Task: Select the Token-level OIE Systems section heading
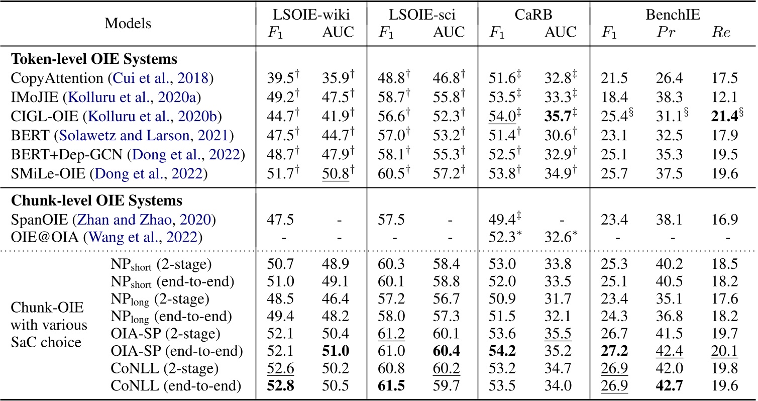(x=94, y=59)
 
